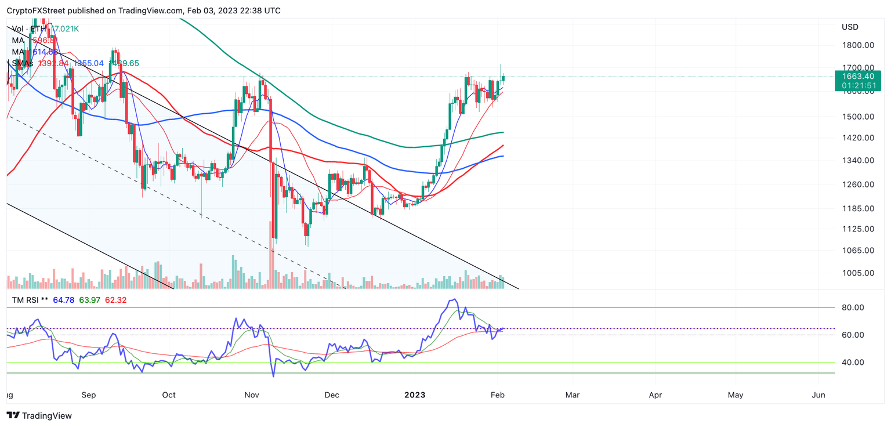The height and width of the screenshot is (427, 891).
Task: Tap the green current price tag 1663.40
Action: point(857,76)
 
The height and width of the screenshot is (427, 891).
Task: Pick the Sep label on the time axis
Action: point(89,395)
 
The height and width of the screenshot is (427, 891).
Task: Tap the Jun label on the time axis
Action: point(818,395)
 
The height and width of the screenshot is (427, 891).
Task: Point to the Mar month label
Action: point(573,395)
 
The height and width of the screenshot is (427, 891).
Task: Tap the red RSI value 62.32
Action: point(114,300)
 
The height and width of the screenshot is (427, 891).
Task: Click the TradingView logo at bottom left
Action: point(39,415)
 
